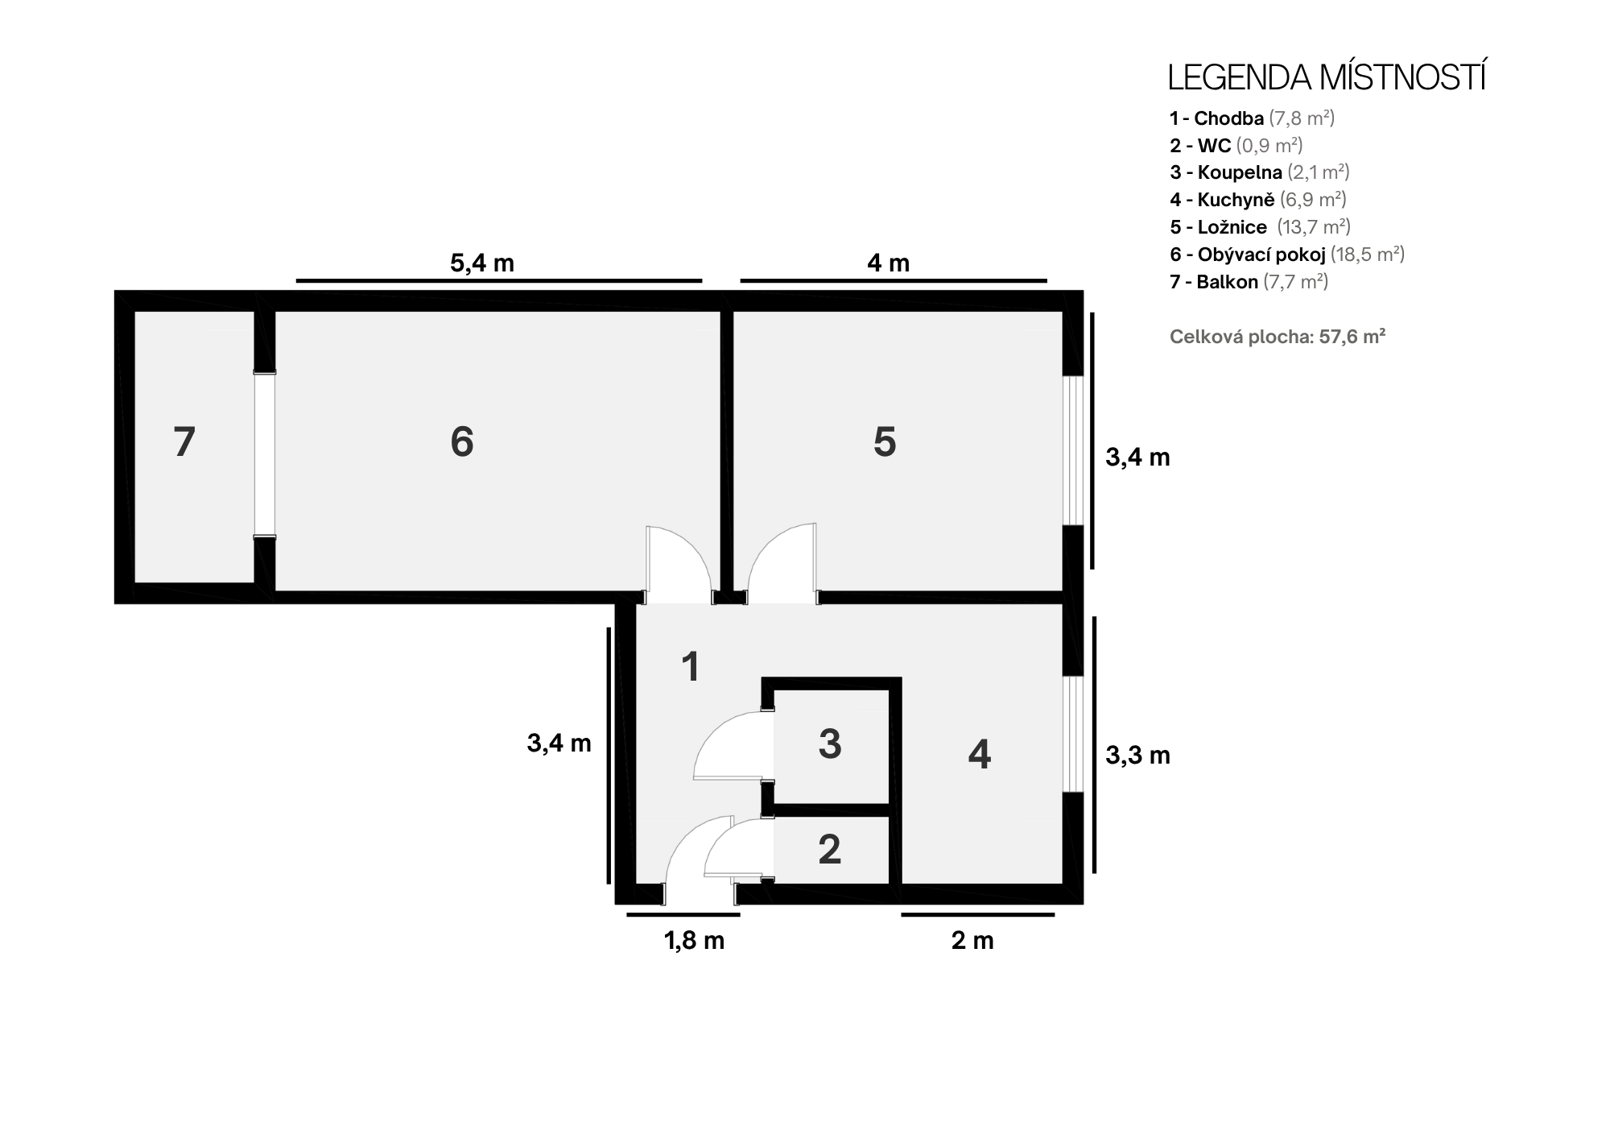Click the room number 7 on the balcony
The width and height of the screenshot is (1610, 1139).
click(x=184, y=442)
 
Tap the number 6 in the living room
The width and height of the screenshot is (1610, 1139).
click(x=462, y=441)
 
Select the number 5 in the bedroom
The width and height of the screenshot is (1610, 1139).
click(x=885, y=442)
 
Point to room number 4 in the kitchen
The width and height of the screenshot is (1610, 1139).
click(x=979, y=754)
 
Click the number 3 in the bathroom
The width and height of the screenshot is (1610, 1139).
click(x=830, y=743)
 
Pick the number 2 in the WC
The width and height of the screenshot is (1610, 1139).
click(x=830, y=849)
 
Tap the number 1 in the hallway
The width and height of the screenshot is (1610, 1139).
click(x=691, y=667)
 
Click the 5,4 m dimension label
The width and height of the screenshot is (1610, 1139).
click(x=482, y=263)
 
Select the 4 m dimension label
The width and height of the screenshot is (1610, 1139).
click(x=889, y=263)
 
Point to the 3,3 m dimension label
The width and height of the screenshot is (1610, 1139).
click(x=1137, y=755)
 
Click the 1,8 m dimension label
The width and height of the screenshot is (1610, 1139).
click(x=694, y=940)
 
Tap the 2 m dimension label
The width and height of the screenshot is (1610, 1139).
click(x=972, y=940)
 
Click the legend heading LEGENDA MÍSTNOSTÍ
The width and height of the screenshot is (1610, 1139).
click(x=1327, y=77)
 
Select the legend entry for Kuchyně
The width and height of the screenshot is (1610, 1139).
click(x=1258, y=199)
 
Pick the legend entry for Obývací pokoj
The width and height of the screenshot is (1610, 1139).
click(x=1287, y=255)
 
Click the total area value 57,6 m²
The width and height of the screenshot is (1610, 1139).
click(x=1352, y=337)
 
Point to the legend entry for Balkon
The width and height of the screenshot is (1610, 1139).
click(x=1249, y=282)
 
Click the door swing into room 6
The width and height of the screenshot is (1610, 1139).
click(x=678, y=565)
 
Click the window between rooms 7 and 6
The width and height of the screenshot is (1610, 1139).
click(x=264, y=454)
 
